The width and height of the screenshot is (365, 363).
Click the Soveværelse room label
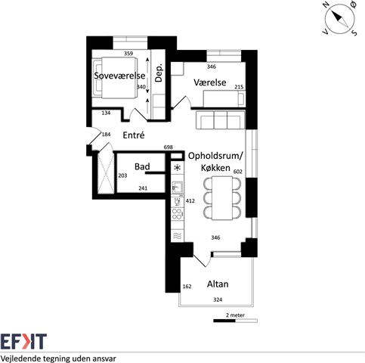119,76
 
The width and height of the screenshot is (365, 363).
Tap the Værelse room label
210,82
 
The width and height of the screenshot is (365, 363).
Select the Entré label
134,135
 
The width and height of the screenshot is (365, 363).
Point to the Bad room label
142,166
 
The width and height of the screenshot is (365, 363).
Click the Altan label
218,284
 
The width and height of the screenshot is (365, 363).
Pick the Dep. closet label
159,73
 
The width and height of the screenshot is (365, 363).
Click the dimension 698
169,147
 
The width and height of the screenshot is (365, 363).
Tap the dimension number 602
238,172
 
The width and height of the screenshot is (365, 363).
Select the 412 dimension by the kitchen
190,201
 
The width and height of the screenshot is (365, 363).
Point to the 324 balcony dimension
218,299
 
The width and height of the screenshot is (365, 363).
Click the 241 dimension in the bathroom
143,188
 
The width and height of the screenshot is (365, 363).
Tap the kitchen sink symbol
178,188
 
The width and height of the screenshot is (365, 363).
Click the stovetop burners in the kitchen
178,214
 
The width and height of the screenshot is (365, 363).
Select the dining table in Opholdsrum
222,198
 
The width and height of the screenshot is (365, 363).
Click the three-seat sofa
220,120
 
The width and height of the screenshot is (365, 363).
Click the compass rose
340,19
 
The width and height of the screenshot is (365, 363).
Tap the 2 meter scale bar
235,321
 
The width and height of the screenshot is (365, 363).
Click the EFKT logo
23,342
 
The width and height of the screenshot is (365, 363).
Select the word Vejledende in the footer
21,358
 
